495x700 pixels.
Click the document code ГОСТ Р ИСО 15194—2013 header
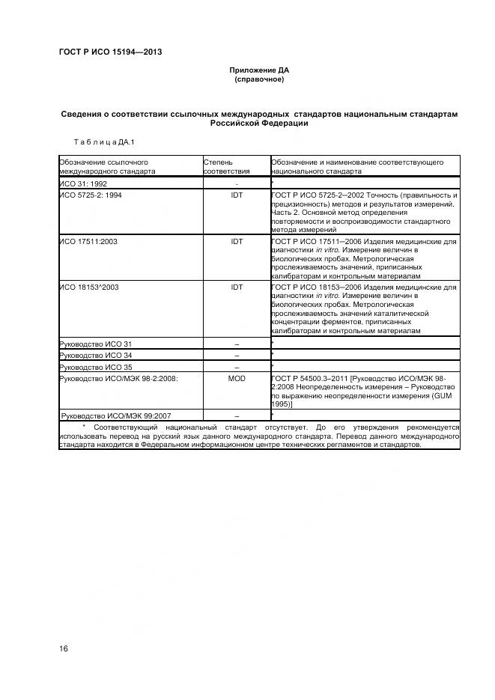tap(110, 52)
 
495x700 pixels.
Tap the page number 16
tap(64, 648)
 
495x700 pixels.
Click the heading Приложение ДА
tap(258, 70)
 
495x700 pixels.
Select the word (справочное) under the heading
tap(259, 79)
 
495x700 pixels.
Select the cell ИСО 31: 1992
tap(84, 183)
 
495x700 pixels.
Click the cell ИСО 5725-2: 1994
tap(89, 195)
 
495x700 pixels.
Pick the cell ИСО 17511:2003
tap(88, 243)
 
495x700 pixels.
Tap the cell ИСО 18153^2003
tap(89, 287)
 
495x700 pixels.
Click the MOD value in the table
tap(237, 379)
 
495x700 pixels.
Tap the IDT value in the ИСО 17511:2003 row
tap(237, 243)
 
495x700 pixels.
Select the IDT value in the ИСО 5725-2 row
tap(237, 195)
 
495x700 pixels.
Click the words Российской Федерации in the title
tap(259, 123)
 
